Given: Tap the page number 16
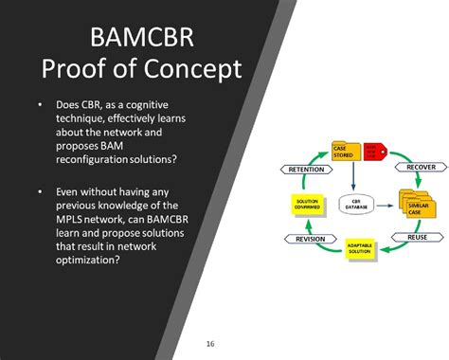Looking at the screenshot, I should (x=210, y=342).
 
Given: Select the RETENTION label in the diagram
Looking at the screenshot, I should (x=305, y=169).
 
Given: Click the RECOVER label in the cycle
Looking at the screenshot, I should (x=421, y=167).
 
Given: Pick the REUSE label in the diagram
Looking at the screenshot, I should (x=417, y=237).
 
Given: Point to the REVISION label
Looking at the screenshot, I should (x=310, y=239).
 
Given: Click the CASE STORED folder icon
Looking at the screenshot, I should (x=345, y=152).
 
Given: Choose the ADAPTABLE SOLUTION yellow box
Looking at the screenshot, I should (x=365, y=248).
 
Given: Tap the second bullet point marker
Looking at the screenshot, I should (x=40, y=191).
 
